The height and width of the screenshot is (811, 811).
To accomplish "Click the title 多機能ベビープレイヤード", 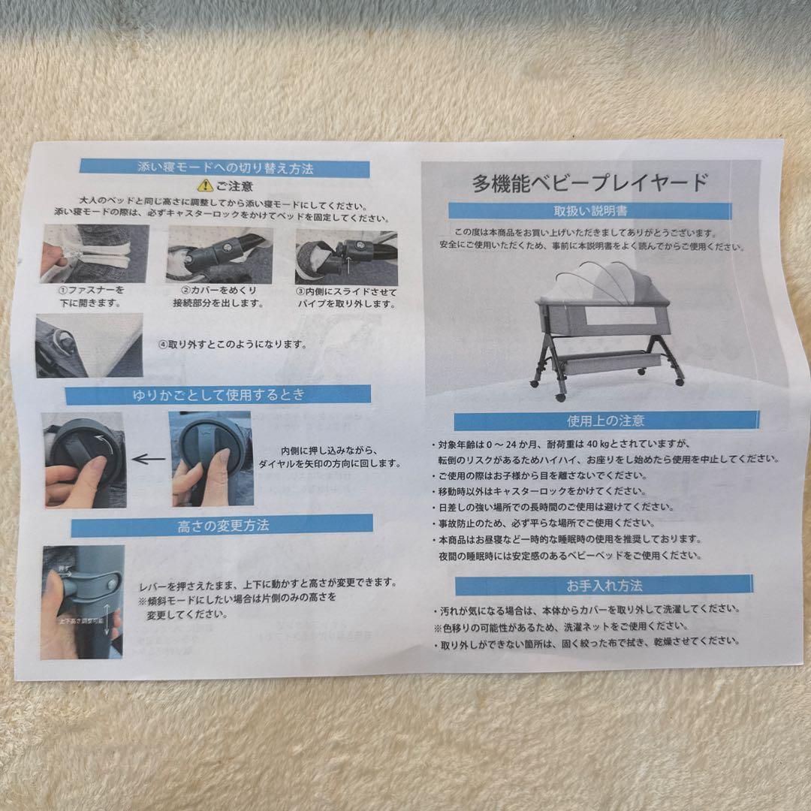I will [x=590, y=182].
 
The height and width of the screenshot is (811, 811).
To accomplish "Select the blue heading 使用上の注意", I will [x=605, y=421].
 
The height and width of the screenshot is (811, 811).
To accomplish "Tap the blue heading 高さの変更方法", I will [x=222, y=526].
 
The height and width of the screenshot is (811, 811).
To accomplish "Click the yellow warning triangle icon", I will [x=203, y=185].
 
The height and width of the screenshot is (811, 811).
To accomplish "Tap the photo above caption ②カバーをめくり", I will [x=219, y=255].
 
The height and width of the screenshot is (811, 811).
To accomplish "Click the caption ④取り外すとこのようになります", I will [x=232, y=345].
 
